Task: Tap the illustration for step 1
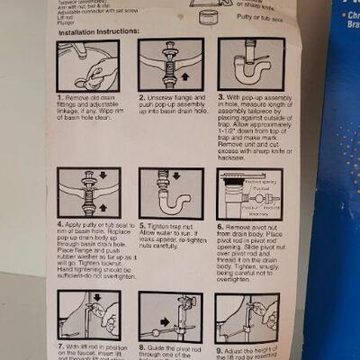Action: pos(88,65)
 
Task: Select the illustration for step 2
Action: pos(170,65)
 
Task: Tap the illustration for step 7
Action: pos(89,315)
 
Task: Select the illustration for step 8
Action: pos(170,315)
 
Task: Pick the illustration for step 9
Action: pos(247,316)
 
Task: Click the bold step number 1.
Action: pos(60,95)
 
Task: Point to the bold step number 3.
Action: pos(220,95)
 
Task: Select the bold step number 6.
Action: pos(220,226)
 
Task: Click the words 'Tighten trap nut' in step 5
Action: pos(175,226)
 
